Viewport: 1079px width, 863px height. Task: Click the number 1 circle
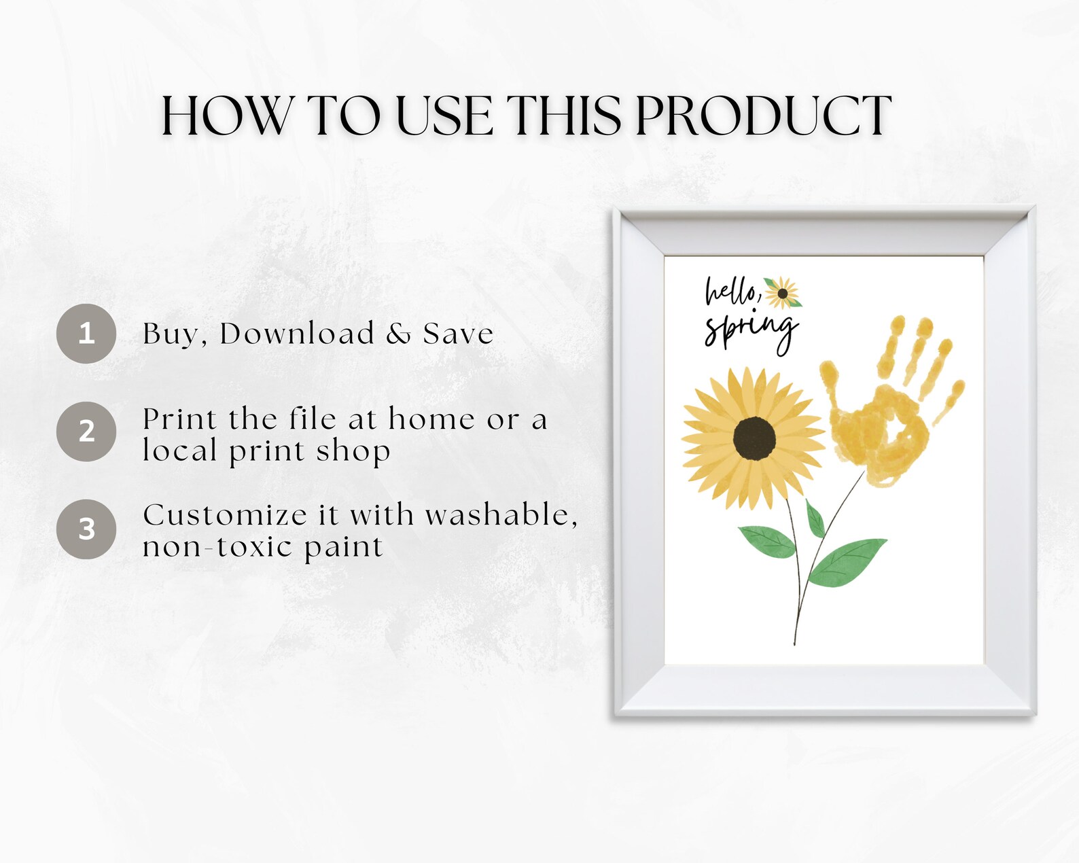click(x=86, y=333)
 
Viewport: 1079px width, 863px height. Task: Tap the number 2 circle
click(x=86, y=431)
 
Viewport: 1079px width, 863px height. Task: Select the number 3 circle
click(x=86, y=529)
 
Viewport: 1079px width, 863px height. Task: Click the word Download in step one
click(x=297, y=334)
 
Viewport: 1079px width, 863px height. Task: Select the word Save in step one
click(x=458, y=334)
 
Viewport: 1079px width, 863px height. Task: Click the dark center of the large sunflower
click(x=754, y=439)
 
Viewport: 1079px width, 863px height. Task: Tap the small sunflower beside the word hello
click(x=782, y=294)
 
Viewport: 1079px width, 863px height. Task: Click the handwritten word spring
click(x=750, y=330)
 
